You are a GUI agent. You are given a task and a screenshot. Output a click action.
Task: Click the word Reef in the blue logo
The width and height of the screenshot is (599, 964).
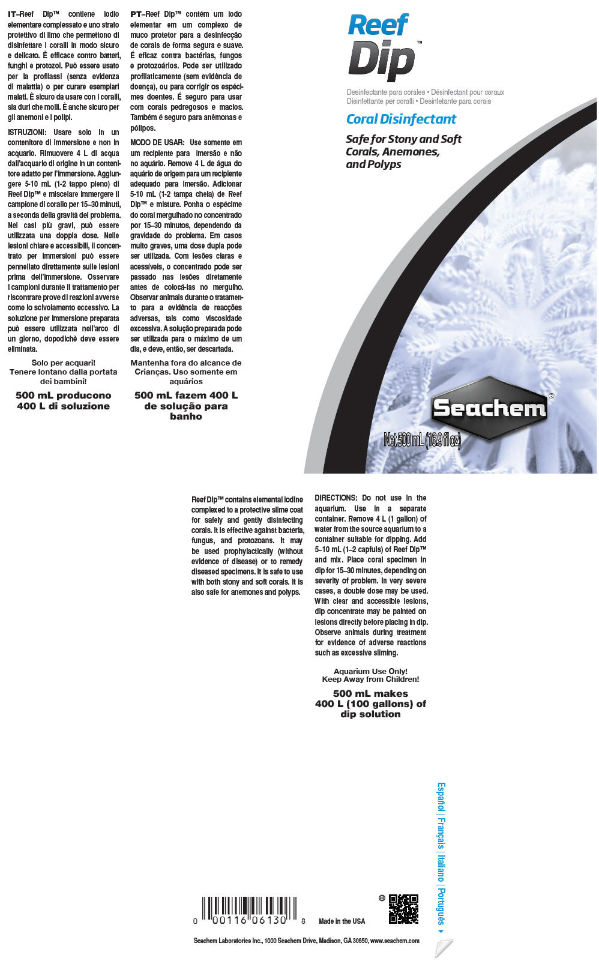pyautogui.click(x=378, y=26)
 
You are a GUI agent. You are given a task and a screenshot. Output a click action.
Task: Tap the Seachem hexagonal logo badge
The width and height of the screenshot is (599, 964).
pyautogui.click(x=489, y=409)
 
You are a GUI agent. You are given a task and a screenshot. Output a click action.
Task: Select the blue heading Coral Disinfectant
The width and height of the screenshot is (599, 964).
pyautogui.click(x=401, y=119)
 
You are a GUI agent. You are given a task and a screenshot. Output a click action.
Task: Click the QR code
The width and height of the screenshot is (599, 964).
pyautogui.click(x=403, y=909)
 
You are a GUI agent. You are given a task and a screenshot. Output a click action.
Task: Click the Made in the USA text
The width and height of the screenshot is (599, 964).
pyautogui.click(x=342, y=921)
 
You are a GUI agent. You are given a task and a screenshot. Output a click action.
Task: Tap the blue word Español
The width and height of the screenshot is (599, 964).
pyautogui.click(x=441, y=797)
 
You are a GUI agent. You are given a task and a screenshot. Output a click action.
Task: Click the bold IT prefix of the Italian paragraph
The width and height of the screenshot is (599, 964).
pyautogui.click(x=12, y=14)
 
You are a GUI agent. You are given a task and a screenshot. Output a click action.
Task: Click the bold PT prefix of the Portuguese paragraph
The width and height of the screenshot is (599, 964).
pyautogui.click(x=135, y=14)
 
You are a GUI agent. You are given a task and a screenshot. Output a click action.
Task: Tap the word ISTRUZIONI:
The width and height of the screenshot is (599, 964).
pyautogui.click(x=26, y=132)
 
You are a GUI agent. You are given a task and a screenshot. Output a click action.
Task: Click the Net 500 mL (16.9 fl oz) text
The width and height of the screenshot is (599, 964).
pyautogui.click(x=422, y=440)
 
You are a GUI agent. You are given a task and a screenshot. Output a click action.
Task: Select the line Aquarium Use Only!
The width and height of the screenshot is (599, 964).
pyautogui.click(x=370, y=671)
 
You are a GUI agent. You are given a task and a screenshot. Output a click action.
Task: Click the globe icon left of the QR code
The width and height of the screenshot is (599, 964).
pyautogui.click(x=382, y=898)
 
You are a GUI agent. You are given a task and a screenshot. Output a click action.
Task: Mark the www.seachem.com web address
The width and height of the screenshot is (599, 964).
pyautogui.click(x=394, y=941)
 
